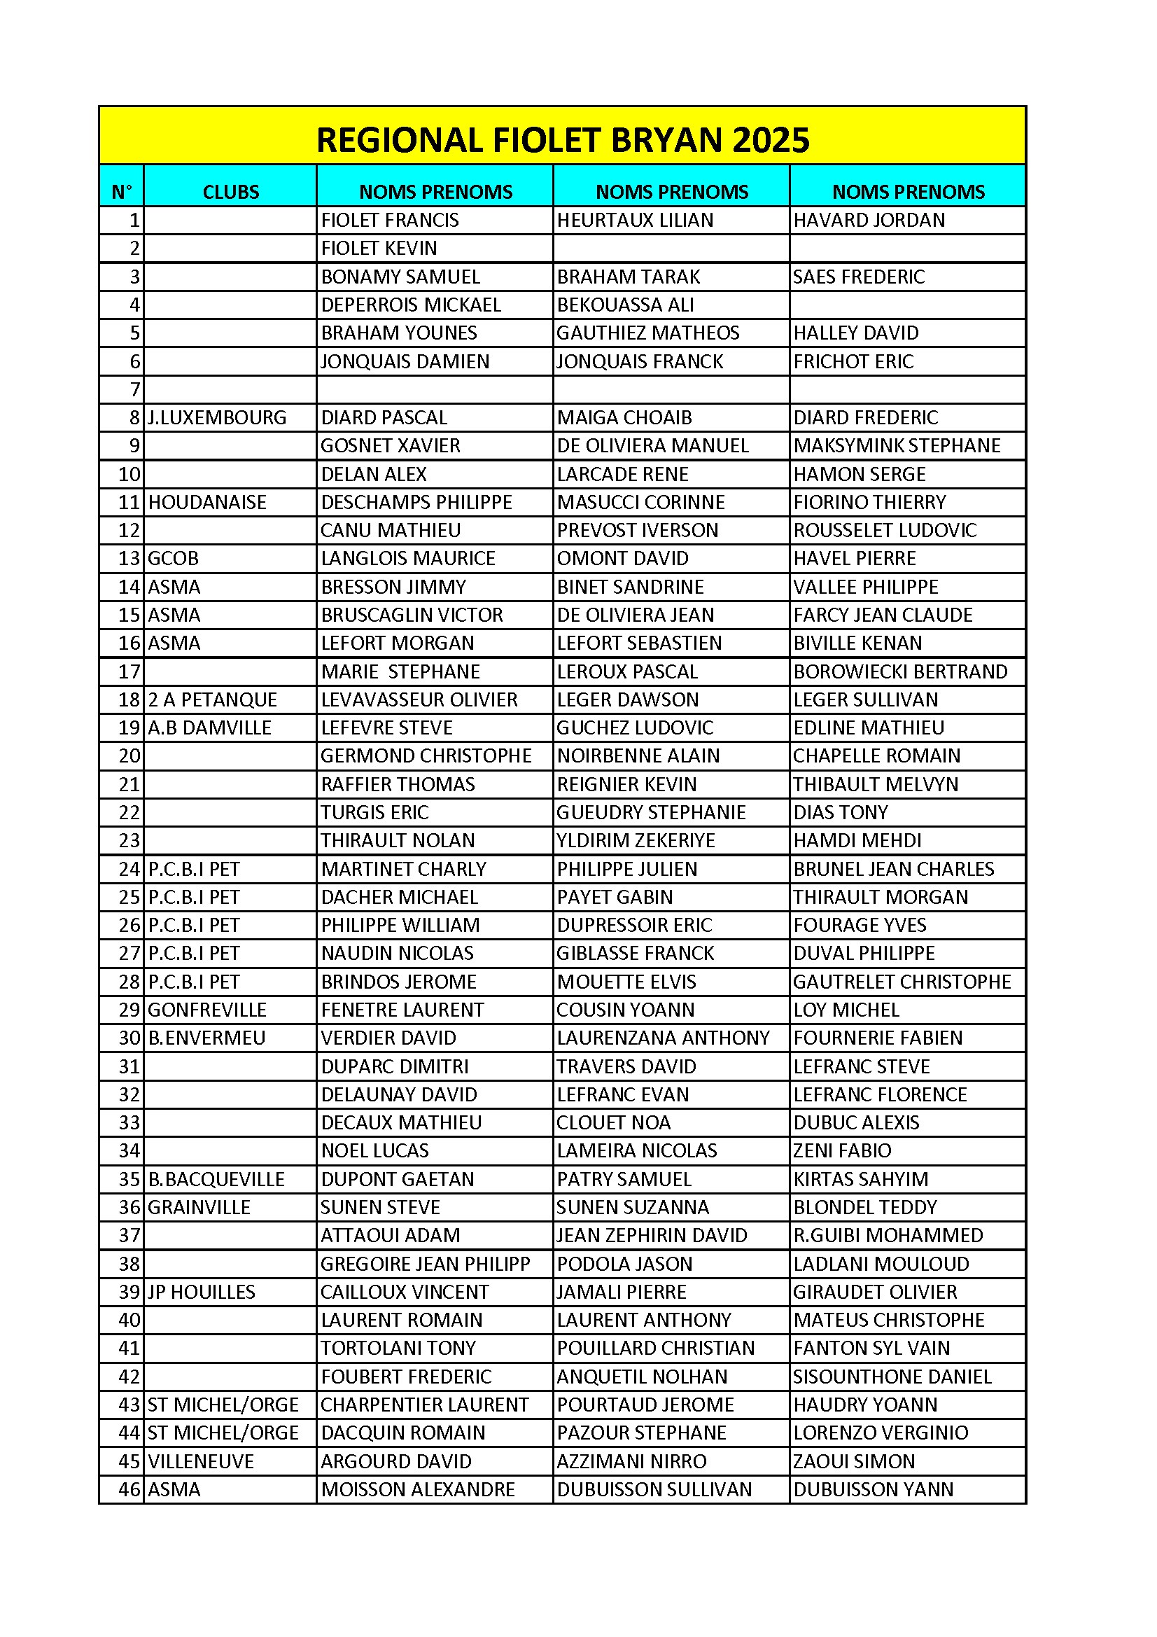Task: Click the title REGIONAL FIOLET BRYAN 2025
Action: coord(563,140)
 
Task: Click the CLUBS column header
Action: coord(231,192)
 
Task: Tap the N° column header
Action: coord(122,192)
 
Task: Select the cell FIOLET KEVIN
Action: coord(379,248)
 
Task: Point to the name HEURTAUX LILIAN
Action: coord(634,221)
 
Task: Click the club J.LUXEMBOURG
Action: coord(217,418)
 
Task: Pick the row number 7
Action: coord(134,390)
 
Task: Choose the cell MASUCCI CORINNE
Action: coord(640,503)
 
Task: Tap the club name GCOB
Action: coord(173,558)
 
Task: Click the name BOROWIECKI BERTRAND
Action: coord(899,671)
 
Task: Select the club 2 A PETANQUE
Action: coord(213,699)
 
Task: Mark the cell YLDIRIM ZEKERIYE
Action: coord(635,841)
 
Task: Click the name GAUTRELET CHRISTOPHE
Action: coord(901,982)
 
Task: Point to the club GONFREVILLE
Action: coord(206,1010)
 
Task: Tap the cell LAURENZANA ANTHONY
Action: coord(663,1038)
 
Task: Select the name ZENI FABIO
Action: coord(842,1151)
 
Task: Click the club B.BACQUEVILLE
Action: coord(216,1179)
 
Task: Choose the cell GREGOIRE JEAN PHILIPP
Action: coord(425,1264)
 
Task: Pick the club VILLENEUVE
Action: coord(201,1462)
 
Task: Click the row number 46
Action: coord(129,1489)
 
